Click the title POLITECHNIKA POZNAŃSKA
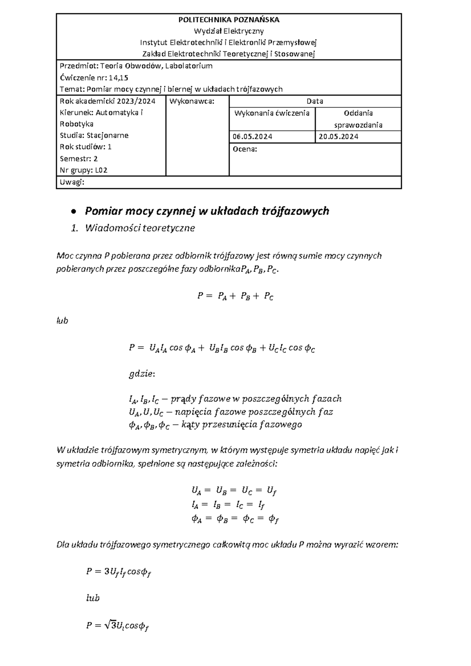click(229, 20)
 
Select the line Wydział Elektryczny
click(229, 31)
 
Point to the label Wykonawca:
click(192, 101)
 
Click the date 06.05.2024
click(252, 136)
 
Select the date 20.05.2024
click(338, 136)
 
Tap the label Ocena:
click(245, 149)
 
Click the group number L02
click(101, 170)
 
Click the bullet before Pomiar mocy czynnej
click(73, 212)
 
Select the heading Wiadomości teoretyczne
click(140, 228)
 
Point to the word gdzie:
click(142, 374)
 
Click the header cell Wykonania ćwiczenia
click(272, 113)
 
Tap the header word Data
click(315, 101)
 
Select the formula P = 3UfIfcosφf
click(119, 572)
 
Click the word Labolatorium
click(189, 66)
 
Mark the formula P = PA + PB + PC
click(235, 297)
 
